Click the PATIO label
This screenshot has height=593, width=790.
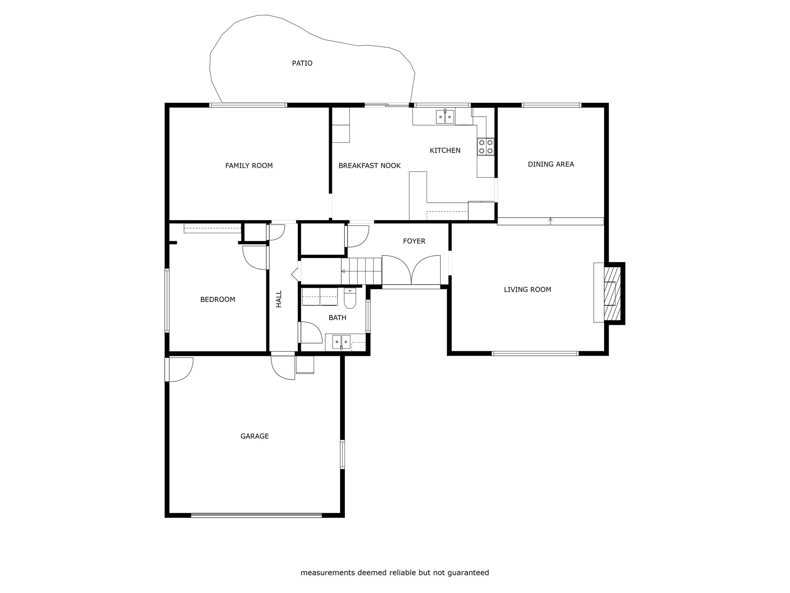coord(302,63)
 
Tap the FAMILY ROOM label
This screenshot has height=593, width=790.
coord(249,166)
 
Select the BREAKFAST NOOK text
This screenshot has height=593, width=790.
coord(370,166)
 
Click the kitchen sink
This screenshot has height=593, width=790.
coord(445,116)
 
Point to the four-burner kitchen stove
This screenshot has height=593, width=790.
coord(486,147)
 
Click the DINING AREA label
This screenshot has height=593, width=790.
coord(551,164)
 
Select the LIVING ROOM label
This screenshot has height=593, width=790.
coord(527,290)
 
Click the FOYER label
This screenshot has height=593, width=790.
coord(414,241)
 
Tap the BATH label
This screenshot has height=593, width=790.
coord(338,318)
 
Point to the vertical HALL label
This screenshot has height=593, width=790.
coord(279,299)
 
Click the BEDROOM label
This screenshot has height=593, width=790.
coord(218,299)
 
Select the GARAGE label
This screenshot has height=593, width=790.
coord(255,436)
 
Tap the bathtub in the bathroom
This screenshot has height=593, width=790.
coord(320,297)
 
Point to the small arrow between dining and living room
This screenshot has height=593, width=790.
coord(550,221)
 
